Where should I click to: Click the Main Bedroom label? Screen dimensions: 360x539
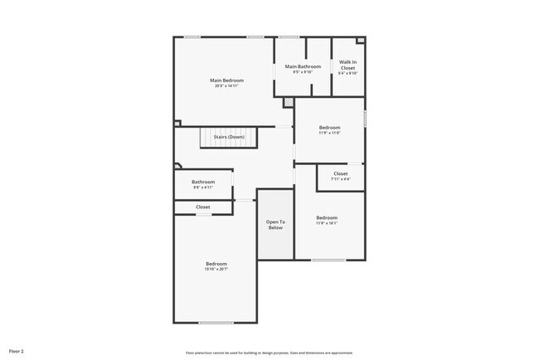click(226, 80)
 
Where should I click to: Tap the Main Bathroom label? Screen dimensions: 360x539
click(303, 66)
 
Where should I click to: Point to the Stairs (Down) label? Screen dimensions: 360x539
click(229, 137)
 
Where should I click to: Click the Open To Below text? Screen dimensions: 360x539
click(275, 224)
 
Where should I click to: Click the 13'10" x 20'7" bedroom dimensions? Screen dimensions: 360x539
click(216, 269)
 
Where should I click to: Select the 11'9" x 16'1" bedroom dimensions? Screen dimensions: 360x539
click(327, 222)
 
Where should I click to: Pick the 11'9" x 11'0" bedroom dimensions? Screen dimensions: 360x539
click(330, 133)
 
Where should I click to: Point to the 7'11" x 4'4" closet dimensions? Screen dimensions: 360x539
click(341, 179)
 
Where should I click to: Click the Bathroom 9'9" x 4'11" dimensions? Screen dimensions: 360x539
click(203, 187)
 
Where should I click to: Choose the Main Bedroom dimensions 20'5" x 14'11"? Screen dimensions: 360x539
click(226, 86)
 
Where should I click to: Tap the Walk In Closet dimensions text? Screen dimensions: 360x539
click(348, 73)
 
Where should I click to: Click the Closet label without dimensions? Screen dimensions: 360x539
click(203, 207)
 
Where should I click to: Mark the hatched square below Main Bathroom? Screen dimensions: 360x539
click(288, 103)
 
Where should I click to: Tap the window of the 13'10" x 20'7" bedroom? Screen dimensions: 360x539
click(216, 323)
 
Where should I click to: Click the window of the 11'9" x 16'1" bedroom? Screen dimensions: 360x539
click(328, 260)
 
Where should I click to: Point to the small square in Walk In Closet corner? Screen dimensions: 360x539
click(360, 41)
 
